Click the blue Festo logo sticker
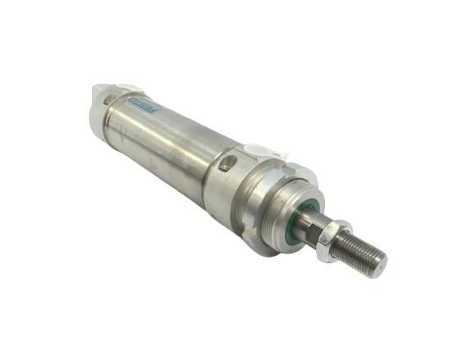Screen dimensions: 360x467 coord(144,105)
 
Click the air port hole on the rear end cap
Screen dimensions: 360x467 coord(108,100)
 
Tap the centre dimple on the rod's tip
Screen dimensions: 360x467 coord(381,266)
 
